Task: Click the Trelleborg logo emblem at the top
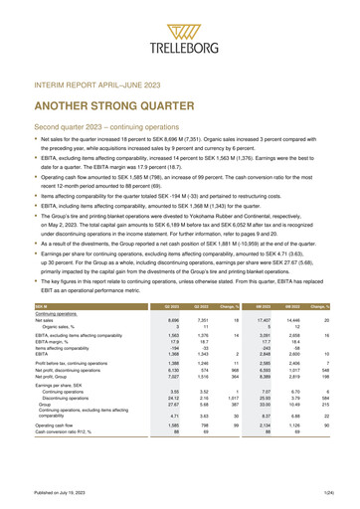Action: (x=180, y=19)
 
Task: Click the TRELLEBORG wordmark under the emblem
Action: (x=180, y=45)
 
